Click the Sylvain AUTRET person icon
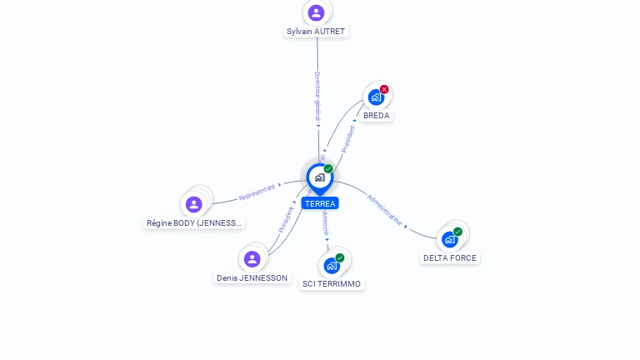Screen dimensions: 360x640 click(316, 12)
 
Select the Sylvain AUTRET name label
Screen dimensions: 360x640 click(316, 32)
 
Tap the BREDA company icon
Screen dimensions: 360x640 click(376, 97)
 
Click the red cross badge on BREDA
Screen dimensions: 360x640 click(384, 89)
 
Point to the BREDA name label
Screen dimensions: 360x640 click(376, 116)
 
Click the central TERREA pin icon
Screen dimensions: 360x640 click(319, 177)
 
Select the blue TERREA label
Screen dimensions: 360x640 click(320, 203)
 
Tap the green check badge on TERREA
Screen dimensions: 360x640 click(328, 169)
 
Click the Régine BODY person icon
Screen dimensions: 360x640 click(194, 204)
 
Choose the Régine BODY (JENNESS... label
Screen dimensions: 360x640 click(194, 223)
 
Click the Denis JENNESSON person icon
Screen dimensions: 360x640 click(252, 259)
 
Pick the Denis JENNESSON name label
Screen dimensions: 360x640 click(252, 278)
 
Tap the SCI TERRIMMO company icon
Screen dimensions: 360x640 click(332, 266)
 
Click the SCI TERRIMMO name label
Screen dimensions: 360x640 click(332, 284)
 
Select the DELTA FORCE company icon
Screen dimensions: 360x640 click(450, 239)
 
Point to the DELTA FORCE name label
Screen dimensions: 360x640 click(450, 258)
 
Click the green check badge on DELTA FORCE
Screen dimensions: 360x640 click(457, 232)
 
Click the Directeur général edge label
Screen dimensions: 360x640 click(317, 97)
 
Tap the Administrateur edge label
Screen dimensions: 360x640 click(385, 211)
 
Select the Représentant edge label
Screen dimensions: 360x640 click(257, 192)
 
